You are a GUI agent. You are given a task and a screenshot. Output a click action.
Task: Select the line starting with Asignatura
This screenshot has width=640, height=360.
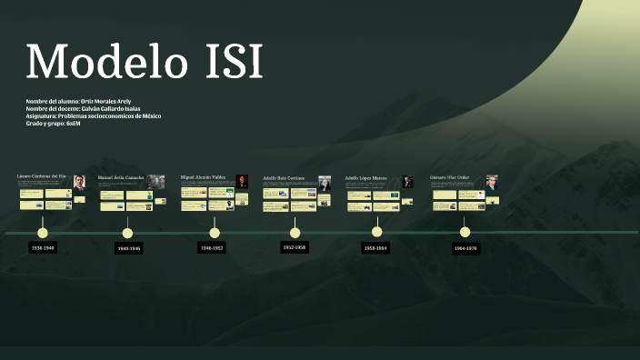94,115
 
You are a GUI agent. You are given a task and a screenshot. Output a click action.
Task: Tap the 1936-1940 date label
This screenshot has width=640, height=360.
43,247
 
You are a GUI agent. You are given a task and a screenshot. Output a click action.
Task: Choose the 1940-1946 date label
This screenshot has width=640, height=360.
129,247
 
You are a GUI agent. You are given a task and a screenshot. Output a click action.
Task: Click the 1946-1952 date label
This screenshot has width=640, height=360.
213,247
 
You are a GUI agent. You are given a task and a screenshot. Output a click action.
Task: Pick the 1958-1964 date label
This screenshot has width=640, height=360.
375,247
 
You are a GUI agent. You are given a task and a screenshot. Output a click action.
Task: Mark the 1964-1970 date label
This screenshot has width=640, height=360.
465,247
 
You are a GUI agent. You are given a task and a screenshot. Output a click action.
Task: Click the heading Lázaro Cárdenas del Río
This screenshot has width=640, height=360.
42,175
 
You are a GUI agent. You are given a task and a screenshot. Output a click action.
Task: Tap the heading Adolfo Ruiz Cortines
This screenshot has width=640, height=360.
284,177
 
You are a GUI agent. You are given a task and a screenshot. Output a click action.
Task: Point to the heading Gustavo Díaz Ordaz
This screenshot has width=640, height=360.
449,177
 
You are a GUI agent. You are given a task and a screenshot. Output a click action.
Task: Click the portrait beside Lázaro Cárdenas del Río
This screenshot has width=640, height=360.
79,181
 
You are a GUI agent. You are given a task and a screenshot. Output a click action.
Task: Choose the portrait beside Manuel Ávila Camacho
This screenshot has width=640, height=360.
156,181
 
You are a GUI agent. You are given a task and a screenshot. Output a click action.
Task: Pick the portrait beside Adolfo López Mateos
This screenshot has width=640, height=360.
407,181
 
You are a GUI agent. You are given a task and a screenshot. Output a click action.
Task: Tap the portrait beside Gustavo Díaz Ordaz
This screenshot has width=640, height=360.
492,181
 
